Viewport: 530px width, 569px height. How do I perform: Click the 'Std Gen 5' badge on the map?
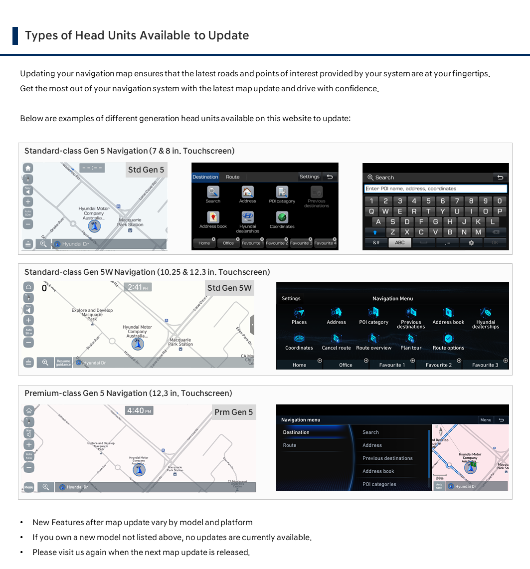(x=146, y=170)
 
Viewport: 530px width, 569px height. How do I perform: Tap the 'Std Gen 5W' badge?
(x=229, y=288)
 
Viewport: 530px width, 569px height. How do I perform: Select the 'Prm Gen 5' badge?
(x=233, y=412)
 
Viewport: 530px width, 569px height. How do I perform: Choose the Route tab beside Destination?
(x=232, y=177)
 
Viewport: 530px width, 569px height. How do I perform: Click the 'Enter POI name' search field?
(x=436, y=189)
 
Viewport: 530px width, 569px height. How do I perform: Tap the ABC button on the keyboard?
(x=400, y=242)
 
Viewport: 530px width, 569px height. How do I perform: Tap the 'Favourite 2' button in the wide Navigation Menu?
(x=439, y=365)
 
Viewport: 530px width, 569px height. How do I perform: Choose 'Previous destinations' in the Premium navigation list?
(x=387, y=458)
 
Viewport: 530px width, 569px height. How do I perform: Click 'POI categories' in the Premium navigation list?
(x=379, y=484)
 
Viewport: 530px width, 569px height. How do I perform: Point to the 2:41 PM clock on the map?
(x=138, y=287)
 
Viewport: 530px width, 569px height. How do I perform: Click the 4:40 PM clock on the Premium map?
(x=139, y=410)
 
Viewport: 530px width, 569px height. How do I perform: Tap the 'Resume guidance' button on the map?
(x=63, y=363)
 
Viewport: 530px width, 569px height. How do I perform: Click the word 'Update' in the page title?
(x=228, y=35)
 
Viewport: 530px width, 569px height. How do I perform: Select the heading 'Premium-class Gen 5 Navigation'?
(x=128, y=393)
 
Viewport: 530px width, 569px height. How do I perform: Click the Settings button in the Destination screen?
(x=309, y=177)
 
